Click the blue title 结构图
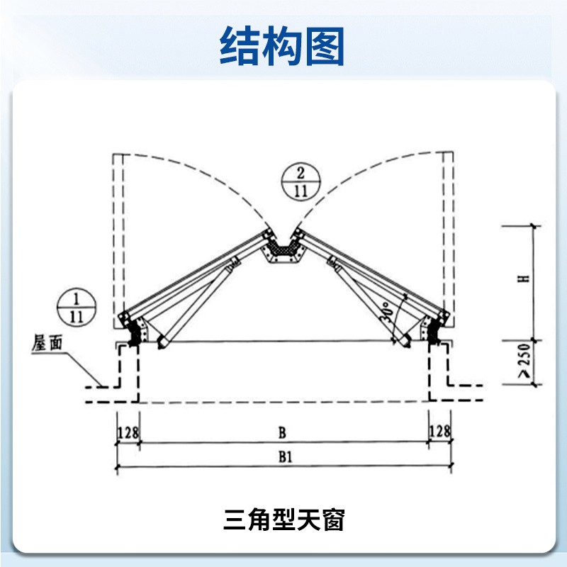click(281, 46)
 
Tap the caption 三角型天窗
click(284, 520)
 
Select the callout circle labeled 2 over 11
click(301, 181)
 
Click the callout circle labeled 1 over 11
click(77, 307)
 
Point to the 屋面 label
click(47, 342)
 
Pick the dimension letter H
click(524, 279)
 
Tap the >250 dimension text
click(524, 360)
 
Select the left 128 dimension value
click(128, 432)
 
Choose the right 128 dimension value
click(439, 431)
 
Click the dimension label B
click(282, 432)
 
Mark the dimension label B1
click(285, 456)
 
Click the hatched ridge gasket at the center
click(283, 250)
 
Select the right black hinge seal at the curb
click(434, 330)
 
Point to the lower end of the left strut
click(162, 343)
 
